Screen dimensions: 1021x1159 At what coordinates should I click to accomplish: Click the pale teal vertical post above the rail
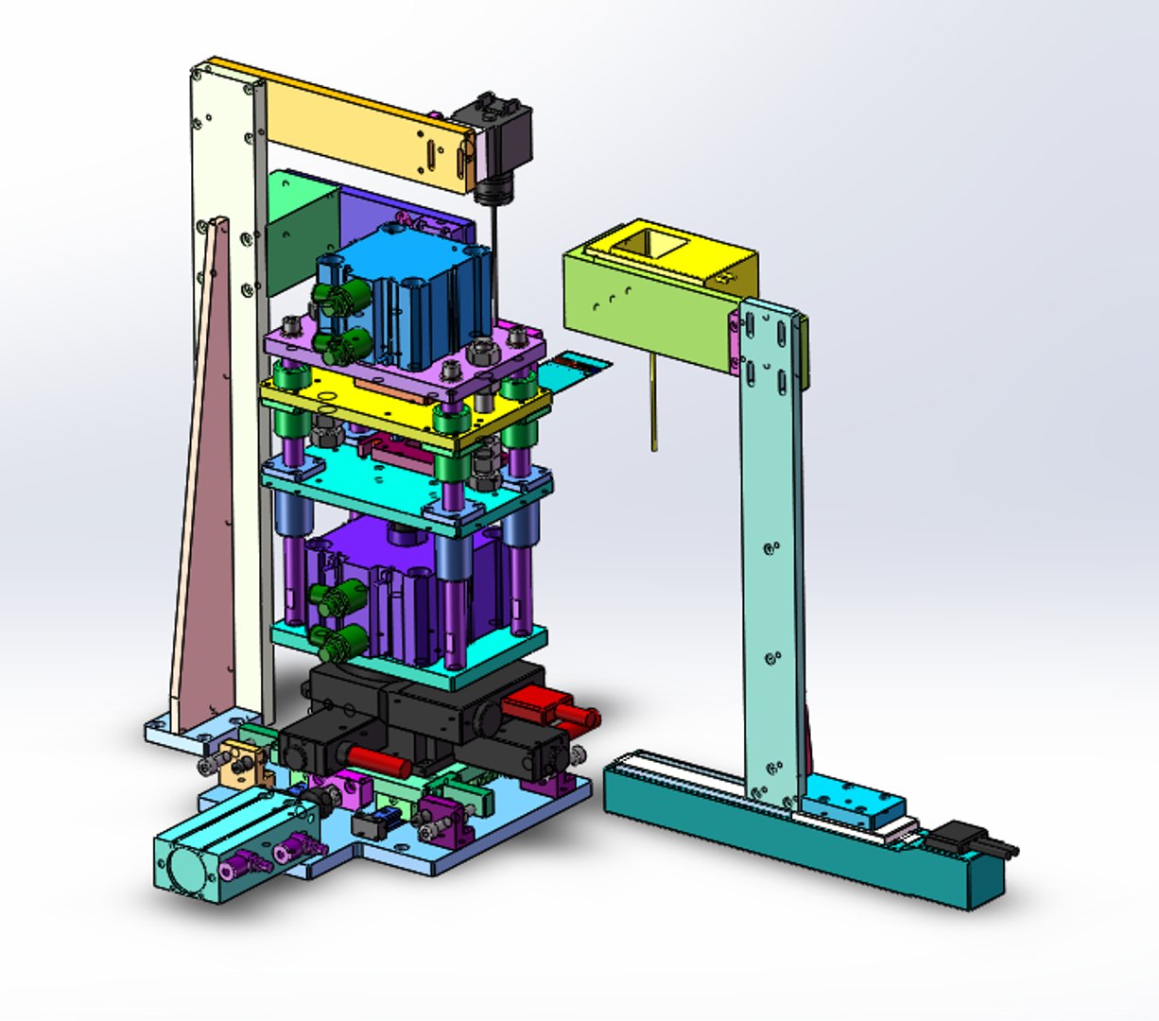point(770,548)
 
